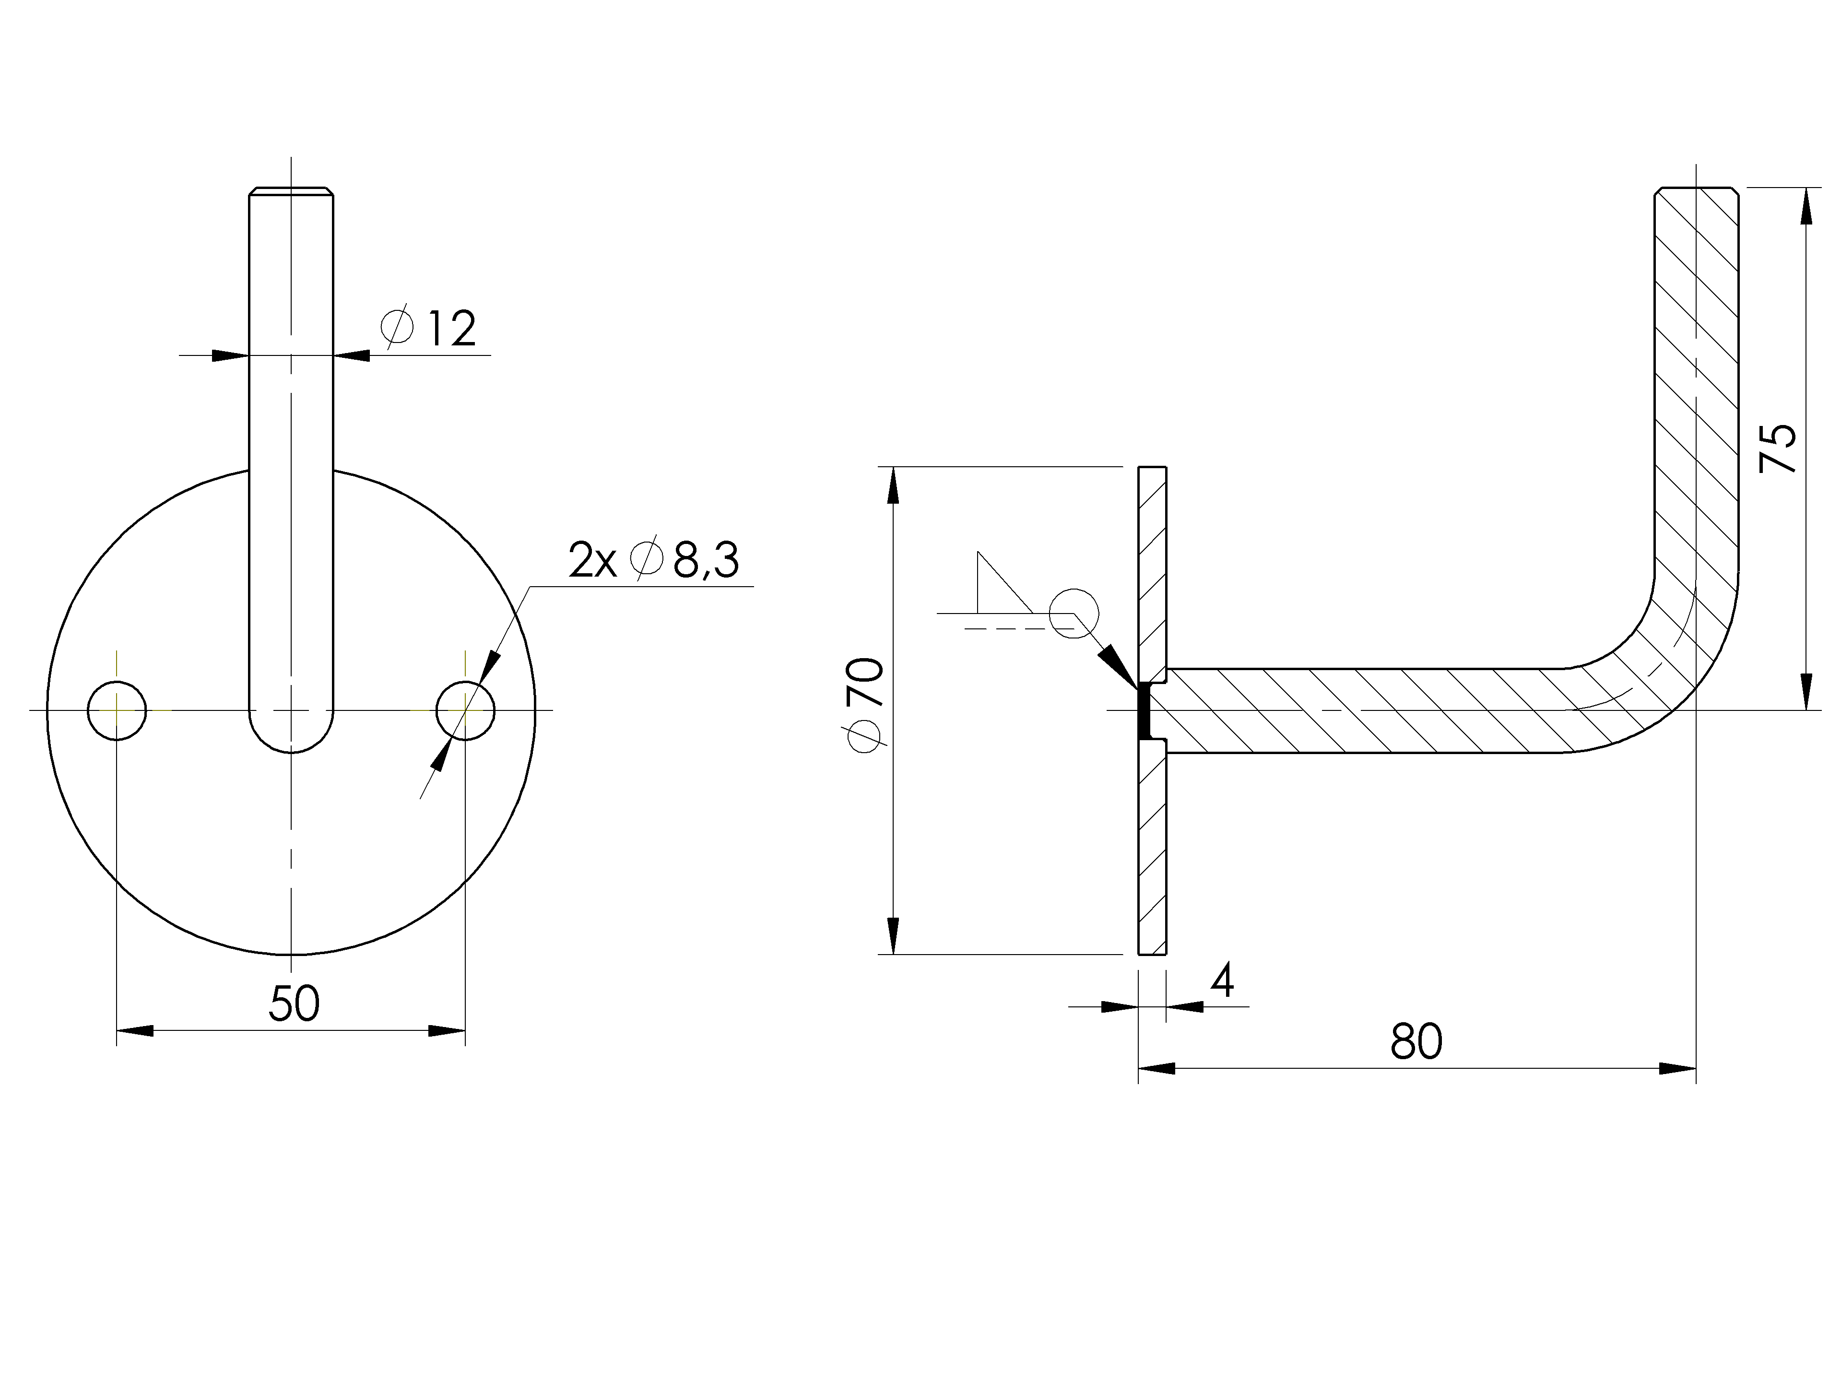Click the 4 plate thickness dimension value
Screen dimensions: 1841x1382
click(1222, 980)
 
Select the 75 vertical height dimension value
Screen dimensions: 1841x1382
click(1778, 449)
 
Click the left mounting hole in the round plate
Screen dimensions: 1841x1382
click(118, 710)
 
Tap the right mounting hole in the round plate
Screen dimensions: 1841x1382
click(465, 710)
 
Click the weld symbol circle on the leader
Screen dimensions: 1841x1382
click(1074, 614)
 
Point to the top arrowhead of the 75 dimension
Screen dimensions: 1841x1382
click(1806, 206)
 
